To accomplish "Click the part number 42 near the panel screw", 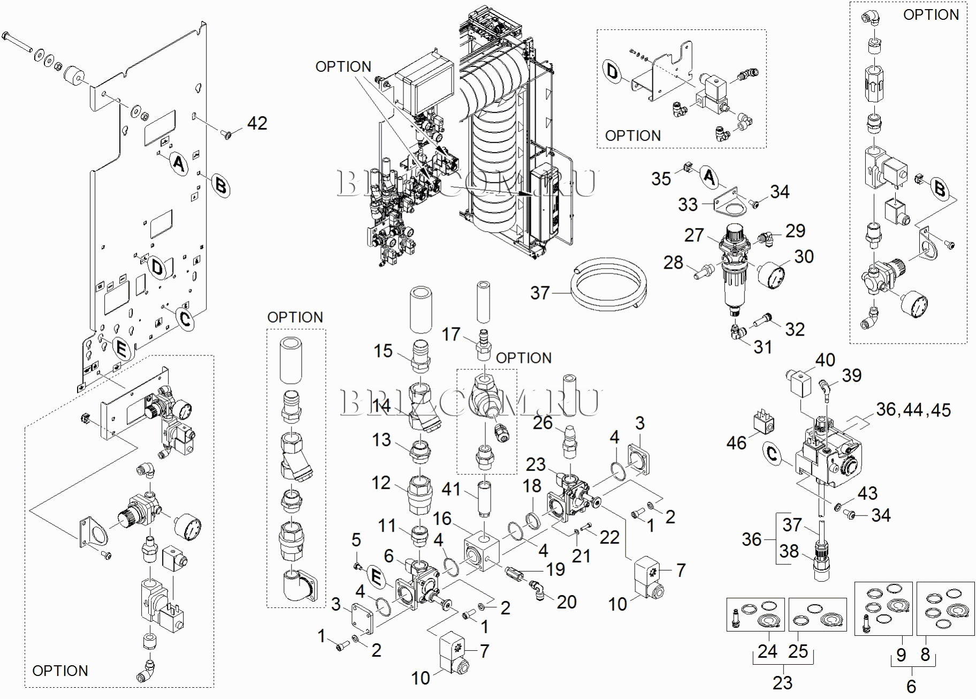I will tap(257, 124).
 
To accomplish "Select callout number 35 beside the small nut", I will tap(661, 179).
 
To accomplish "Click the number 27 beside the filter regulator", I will tap(694, 235).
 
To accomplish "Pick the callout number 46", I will tap(736, 443).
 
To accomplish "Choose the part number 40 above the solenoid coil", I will tap(825, 360).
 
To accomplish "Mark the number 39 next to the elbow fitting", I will tap(852, 375).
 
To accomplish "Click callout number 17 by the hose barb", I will tap(451, 335).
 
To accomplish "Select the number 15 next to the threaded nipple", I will tap(383, 351).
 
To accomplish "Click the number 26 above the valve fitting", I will tap(543, 423).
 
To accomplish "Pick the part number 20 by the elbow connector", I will tap(567, 602).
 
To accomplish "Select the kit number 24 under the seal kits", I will tap(767, 651).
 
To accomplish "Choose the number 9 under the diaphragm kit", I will tap(901, 655).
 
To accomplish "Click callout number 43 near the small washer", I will tap(867, 493).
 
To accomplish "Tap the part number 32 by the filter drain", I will tap(795, 329).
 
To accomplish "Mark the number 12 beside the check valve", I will tap(381, 483).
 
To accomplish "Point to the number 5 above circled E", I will tap(356, 540).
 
